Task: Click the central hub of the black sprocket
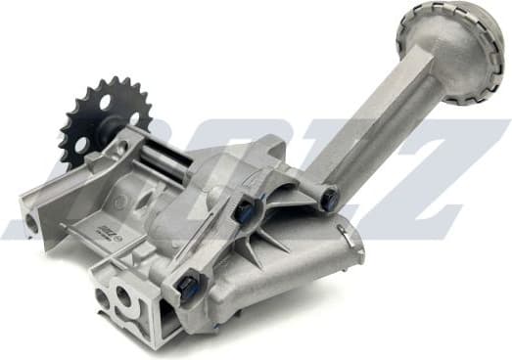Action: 103,124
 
